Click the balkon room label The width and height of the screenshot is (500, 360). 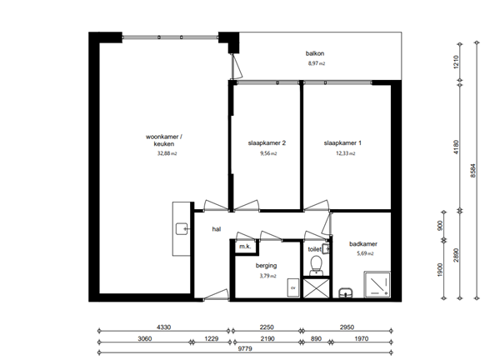click(x=315, y=53)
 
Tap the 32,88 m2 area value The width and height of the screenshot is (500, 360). click(x=167, y=153)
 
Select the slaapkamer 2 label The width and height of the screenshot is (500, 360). click(x=267, y=143)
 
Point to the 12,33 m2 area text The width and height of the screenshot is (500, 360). click(x=345, y=153)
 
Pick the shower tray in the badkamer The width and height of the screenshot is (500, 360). click(x=377, y=284)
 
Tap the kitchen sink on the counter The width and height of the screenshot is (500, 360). click(x=182, y=229)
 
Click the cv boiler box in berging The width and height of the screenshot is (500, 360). click(x=293, y=287)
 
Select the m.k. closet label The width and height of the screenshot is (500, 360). click(x=245, y=247)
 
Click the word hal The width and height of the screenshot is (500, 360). click(x=217, y=229)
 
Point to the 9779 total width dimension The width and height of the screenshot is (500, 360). click(x=245, y=348)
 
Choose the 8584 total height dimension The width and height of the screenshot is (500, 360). click(x=473, y=171)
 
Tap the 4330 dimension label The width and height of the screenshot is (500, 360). click(x=164, y=327)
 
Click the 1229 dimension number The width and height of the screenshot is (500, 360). click(x=211, y=338)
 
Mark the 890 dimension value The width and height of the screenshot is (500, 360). click(x=316, y=338)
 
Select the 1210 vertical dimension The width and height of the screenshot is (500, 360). click(x=456, y=62)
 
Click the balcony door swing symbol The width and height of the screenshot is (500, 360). click(x=237, y=67)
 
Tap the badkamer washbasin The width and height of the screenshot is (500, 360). click(x=346, y=292)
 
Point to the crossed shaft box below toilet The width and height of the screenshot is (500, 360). click(x=317, y=288)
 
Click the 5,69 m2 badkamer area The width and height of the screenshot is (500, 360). click(x=365, y=254)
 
